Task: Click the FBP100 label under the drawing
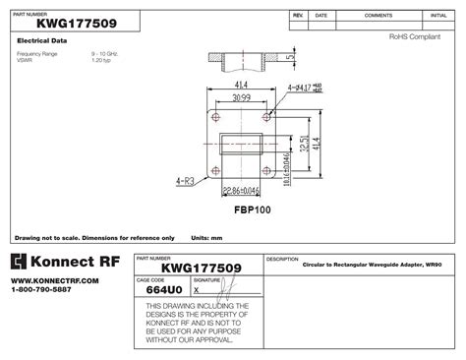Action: pos(252,210)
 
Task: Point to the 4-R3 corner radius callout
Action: pos(185,181)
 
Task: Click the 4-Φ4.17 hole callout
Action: pos(302,89)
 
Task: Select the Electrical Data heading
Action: pos(42,40)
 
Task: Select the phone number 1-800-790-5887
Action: pos(41,290)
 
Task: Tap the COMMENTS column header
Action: pos(379,16)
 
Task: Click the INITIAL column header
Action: pos(438,16)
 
